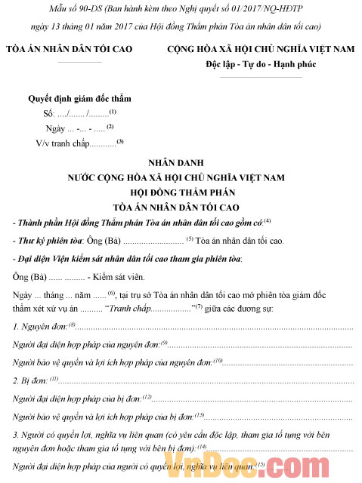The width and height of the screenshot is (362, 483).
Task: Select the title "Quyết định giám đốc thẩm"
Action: click(79, 99)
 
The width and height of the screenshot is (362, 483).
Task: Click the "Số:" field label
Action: click(51, 113)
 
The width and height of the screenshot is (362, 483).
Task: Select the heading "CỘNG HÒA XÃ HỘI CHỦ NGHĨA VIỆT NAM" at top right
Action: click(261, 50)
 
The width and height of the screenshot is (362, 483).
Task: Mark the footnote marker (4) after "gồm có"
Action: click(267, 220)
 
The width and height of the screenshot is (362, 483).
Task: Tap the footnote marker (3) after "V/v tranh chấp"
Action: click(119, 141)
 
